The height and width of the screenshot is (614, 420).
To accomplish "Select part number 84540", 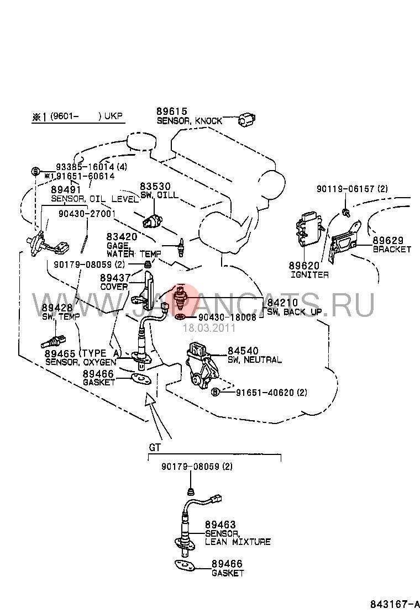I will point(242,351).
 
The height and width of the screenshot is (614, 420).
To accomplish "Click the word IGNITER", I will point(309,274).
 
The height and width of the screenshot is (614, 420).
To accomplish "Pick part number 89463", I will point(220,525).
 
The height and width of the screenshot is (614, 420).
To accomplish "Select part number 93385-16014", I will point(84,166).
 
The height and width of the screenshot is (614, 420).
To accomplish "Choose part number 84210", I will point(282,303).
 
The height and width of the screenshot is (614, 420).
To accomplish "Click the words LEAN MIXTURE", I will point(238,542).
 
